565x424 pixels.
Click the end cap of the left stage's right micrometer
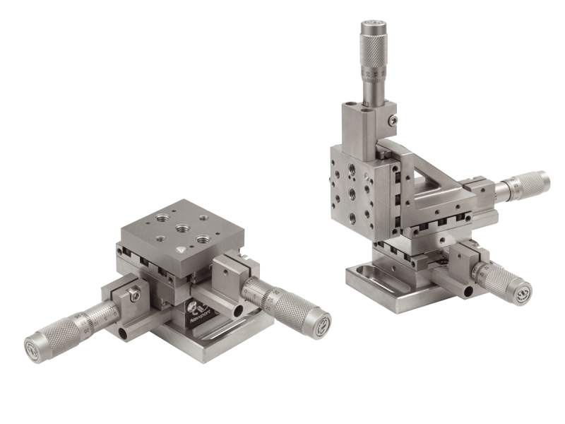click(321, 325)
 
